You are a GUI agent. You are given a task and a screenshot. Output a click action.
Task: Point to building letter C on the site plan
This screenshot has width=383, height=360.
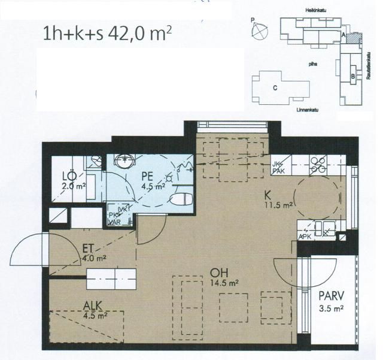(x=275, y=88)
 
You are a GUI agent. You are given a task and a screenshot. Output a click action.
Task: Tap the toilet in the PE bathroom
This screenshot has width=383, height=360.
(x=180, y=199)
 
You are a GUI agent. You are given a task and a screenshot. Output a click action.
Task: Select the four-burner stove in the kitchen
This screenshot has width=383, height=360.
(x=317, y=164)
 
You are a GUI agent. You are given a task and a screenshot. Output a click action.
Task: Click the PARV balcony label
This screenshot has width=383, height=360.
(x=329, y=300)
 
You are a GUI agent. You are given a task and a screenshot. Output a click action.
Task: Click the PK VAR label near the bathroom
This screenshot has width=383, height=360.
(x=115, y=217)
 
